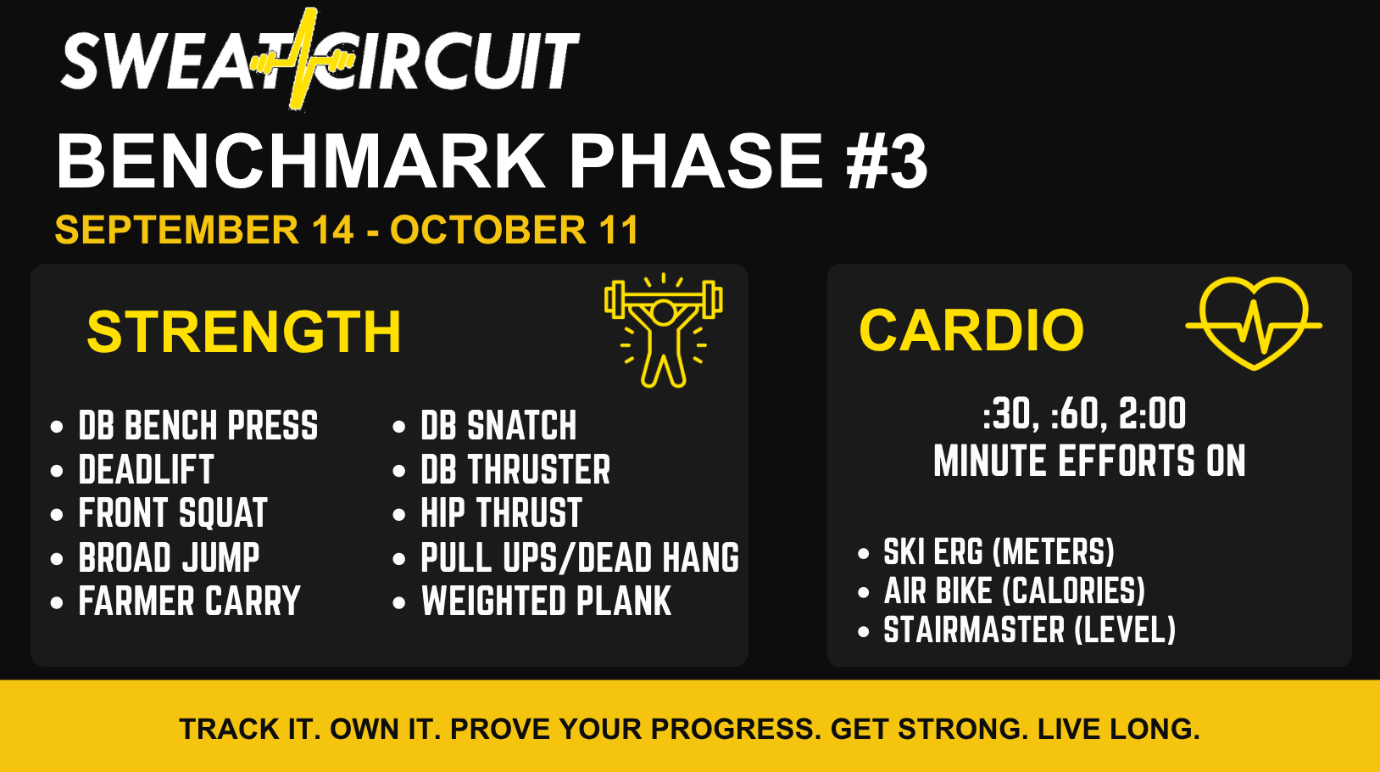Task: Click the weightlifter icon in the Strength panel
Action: (x=664, y=331)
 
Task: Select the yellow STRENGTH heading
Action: (x=244, y=332)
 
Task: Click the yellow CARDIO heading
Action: (x=971, y=330)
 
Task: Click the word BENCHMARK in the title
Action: (x=301, y=161)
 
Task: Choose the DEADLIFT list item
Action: (x=146, y=470)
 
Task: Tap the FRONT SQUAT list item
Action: (x=173, y=513)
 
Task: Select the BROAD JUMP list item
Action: (x=169, y=557)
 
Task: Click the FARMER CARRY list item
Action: (x=189, y=601)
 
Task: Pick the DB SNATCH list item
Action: (x=498, y=426)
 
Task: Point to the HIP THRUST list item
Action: (x=502, y=513)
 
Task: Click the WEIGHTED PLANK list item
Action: (x=546, y=601)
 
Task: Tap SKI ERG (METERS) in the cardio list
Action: (x=999, y=551)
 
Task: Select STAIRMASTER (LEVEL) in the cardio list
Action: (x=1029, y=629)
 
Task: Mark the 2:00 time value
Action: (x=1152, y=414)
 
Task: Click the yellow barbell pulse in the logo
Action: (x=303, y=60)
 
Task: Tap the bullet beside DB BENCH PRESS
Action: (x=57, y=427)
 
